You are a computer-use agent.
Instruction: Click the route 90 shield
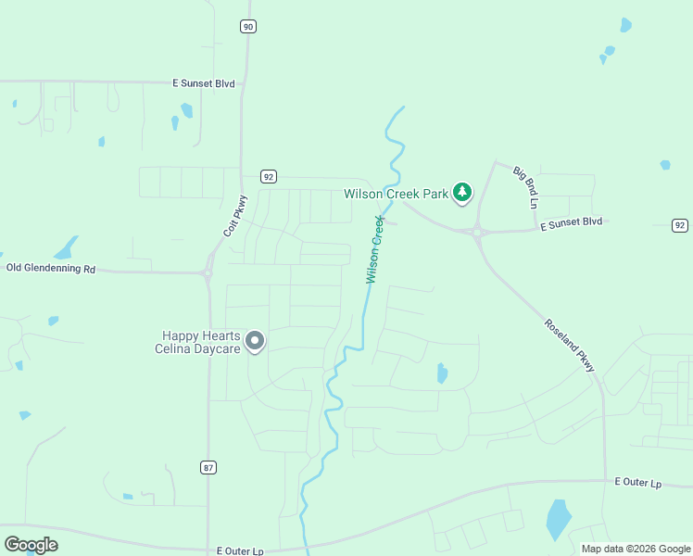(x=247, y=27)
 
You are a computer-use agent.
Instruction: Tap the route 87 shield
(x=208, y=467)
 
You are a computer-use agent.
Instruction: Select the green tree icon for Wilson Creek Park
(x=462, y=194)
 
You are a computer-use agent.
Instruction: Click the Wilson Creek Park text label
(x=396, y=195)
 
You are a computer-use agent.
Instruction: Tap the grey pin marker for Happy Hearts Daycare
(x=256, y=342)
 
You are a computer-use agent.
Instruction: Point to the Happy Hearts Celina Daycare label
(x=201, y=342)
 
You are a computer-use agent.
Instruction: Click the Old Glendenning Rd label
(x=51, y=268)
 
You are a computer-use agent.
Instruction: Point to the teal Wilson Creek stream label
(x=374, y=249)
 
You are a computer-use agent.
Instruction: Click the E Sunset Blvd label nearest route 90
(x=203, y=83)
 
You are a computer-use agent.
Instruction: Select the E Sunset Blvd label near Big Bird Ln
(x=572, y=222)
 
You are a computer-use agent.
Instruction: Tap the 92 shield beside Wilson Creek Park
(x=268, y=177)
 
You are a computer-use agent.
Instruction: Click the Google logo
(x=31, y=545)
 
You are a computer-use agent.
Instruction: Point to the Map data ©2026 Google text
(x=636, y=549)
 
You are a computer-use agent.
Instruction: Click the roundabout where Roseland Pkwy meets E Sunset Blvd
(x=478, y=233)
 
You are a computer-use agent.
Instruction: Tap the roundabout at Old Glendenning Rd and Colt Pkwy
(x=208, y=272)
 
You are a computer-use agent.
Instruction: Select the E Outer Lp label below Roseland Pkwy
(x=638, y=483)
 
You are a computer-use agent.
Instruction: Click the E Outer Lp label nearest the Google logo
(x=240, y=550)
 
